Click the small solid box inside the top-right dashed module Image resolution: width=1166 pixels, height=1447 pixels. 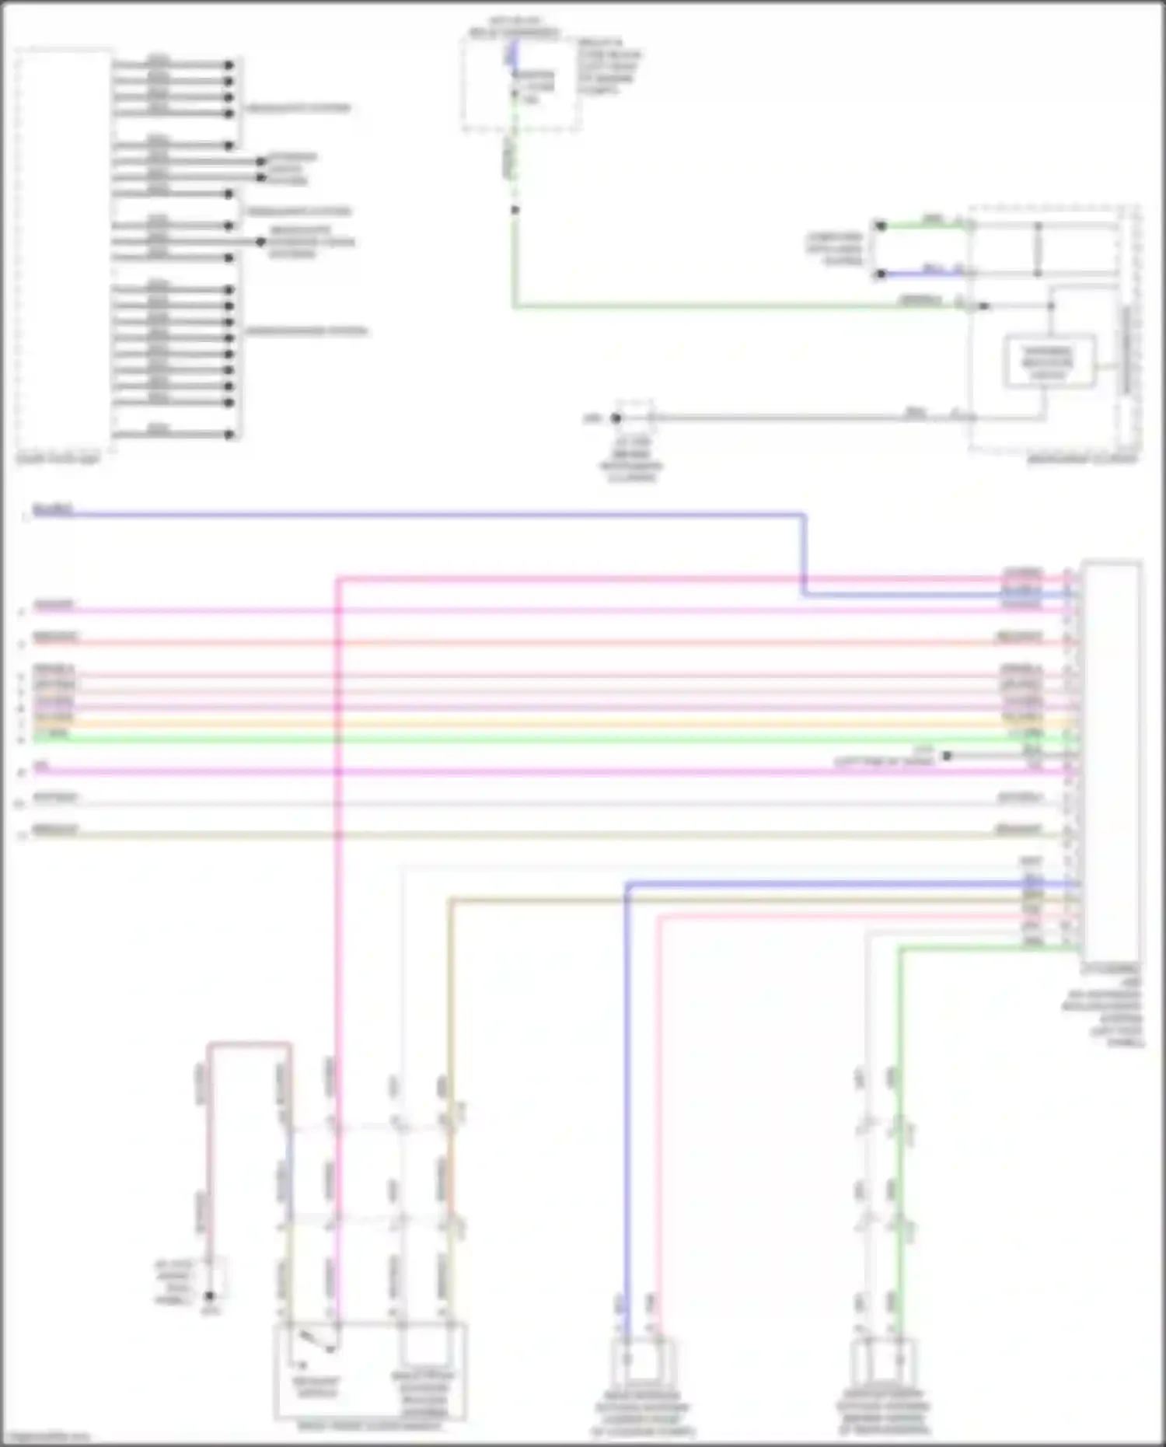point(1049,361)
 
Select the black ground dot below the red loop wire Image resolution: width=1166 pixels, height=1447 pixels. point(209,1296)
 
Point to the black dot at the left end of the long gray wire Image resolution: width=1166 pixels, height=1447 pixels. point(616,418)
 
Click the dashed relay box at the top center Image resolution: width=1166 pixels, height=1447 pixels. point(519,84)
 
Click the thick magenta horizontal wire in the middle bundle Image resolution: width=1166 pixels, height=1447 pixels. point(544,771)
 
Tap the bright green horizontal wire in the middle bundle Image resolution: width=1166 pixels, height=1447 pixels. point(544,738)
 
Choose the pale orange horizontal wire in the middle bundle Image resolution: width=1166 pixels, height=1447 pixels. point(544,722)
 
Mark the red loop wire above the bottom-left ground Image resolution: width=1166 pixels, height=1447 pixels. point(249,1045)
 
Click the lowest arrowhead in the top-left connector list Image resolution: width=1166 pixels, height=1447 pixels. point(229,435)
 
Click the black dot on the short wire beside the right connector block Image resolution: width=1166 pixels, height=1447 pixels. point(947,755)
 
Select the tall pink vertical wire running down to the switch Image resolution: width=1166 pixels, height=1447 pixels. point(337,933)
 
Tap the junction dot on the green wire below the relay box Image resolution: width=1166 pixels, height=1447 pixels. point(514,209)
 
